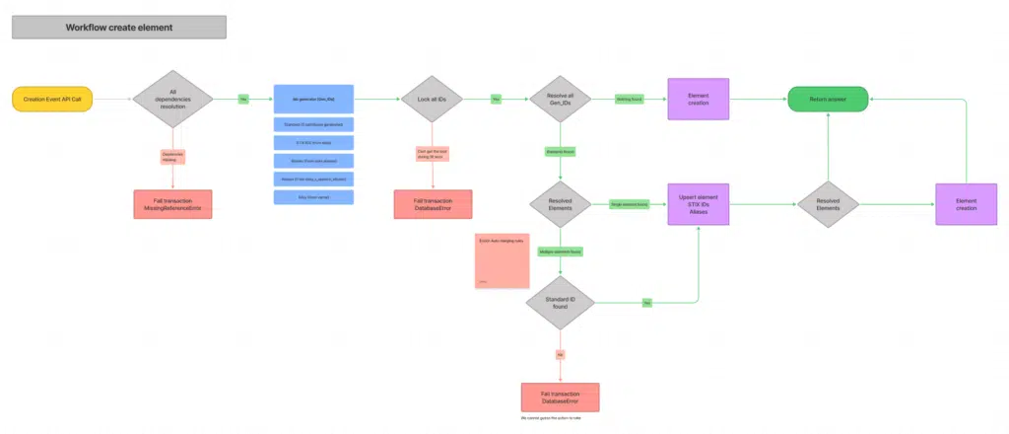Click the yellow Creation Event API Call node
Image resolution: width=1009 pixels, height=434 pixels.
tap(55, 99)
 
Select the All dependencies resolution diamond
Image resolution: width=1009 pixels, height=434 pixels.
tap(172, 99)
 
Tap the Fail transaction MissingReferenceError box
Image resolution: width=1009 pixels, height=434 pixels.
tap(172, 204)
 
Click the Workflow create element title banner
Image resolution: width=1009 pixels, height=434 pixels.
tap(119, 27)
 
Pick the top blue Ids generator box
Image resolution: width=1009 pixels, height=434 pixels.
tap(313, 100)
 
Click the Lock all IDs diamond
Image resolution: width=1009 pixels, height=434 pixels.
tap(434, 99)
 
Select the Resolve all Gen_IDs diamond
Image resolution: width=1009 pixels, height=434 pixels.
tap(559, 99)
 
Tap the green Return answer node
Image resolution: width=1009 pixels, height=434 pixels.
tap(828, 99)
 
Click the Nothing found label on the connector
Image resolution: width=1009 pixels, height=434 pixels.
tap(628, 99)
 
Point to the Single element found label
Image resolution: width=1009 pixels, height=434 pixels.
tap(629, 204)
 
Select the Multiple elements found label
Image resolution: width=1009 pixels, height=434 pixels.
tap(560, 252)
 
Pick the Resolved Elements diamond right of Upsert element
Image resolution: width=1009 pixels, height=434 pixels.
tap(828, 204)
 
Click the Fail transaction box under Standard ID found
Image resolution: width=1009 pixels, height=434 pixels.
tap(560, 398)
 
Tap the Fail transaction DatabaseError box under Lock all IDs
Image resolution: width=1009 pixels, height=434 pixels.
tap(434, 204)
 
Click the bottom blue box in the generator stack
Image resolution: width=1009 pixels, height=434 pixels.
tap(313, 197)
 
